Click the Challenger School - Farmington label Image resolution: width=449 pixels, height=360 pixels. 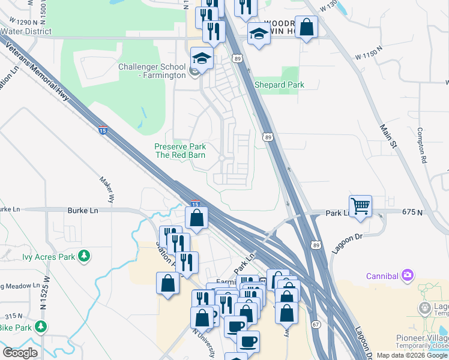pos(152,71)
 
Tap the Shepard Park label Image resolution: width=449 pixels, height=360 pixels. pos(279,85)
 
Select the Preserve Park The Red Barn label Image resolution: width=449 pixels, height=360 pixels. pos(180,151)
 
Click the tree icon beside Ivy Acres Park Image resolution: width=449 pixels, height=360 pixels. pos(85,257)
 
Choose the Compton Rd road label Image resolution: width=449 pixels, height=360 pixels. pos(424,145)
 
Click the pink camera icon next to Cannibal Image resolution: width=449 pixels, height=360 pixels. pos(408,275)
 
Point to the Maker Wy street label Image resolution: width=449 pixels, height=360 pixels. pos(107,188)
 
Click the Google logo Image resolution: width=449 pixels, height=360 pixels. pos(20,352)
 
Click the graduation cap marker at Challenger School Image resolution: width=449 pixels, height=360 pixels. pos(202,58)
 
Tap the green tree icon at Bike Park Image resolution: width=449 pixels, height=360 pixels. pos(41,327)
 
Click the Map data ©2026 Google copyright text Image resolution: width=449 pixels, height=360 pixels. pos(412,355)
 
